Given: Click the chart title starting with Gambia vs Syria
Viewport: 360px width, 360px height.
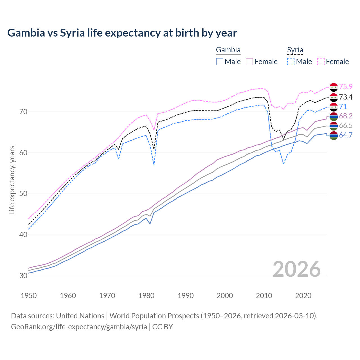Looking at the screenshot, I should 122,33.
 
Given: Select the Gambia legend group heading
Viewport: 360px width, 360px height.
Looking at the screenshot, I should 228,50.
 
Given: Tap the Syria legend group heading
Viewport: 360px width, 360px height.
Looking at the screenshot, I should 295,50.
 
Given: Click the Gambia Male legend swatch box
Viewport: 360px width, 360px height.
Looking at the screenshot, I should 220,62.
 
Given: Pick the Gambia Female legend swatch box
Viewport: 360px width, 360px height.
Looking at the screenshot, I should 250,62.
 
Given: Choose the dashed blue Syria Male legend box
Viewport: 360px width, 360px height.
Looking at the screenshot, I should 291,62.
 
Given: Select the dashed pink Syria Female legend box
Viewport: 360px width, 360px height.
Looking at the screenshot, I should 321,62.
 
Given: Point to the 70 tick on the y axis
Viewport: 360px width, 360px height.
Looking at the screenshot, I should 23,112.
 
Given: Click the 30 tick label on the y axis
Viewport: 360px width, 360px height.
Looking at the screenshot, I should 23,276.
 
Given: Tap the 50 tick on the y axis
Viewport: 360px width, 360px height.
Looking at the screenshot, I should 23,194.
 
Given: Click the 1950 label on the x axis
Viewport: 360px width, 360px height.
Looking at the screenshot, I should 29,296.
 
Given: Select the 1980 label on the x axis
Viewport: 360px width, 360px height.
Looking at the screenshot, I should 146,296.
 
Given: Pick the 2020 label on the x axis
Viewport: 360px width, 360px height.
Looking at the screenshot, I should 303,296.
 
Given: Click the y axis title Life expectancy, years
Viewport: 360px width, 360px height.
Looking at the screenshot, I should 12,180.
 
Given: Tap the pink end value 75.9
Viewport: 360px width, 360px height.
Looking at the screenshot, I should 346,87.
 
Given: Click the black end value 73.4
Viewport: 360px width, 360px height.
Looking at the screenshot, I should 346,97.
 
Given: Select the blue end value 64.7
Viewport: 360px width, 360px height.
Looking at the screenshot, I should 346,135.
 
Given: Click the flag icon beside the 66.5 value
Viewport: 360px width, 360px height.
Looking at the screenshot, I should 334,126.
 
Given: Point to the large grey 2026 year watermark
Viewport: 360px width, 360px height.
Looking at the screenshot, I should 297,269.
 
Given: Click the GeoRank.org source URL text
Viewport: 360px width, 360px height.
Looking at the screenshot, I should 79,327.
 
